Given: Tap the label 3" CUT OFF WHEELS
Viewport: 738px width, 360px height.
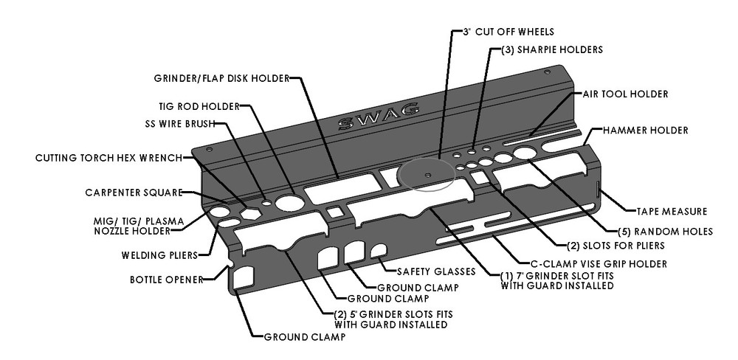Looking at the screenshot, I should point(508,32).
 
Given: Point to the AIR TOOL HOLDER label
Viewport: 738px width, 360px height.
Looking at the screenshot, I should point(625,94).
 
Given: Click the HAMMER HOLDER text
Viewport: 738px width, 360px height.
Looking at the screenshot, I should point(645,131).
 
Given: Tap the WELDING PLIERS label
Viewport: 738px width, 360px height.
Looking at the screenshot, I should point(159,256).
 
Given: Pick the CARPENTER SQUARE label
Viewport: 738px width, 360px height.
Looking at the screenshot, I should point(133,193).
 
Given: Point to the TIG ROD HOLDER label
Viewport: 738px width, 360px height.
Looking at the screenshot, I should point(199,106).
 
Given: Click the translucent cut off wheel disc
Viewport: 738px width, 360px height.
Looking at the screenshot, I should point(427,175).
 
